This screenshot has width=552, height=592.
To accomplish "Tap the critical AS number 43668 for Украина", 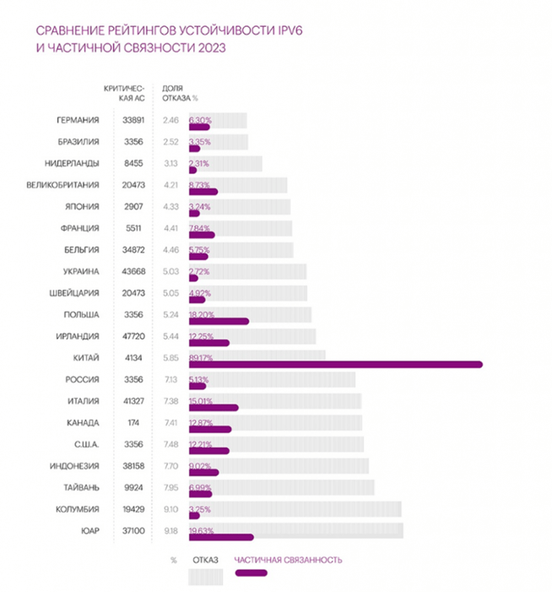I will (x=122, y=271).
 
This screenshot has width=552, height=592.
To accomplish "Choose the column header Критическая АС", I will (x=123, y=93).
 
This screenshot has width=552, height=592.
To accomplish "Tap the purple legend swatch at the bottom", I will (x=252, y=573).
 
